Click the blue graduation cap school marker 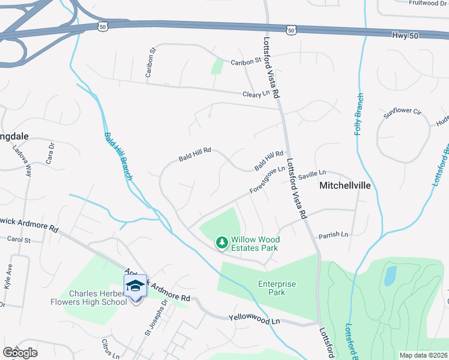coord(136,286)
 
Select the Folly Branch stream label coord(358,114)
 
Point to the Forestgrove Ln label coord(267,180)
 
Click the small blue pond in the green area coord(390,275)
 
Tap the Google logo coord(20,353)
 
